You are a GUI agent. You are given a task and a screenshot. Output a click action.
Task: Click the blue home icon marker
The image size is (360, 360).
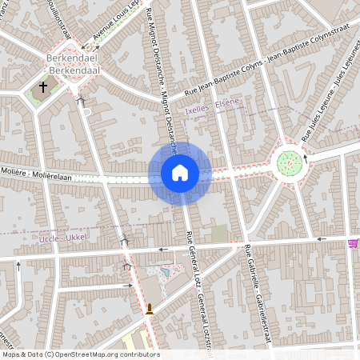point(179,173)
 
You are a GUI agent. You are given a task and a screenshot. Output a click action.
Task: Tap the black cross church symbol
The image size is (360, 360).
point(43,86)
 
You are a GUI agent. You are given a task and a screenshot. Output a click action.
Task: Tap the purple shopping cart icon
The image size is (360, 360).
point(353,243)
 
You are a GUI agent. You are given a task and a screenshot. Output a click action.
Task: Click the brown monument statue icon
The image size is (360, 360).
point(149,310)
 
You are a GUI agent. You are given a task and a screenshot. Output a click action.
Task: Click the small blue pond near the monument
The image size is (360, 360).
point(165,273)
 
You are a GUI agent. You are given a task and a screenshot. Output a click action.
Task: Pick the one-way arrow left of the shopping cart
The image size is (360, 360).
point(322,238)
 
